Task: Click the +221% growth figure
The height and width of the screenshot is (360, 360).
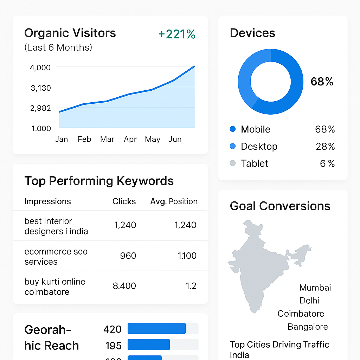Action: [177, 34]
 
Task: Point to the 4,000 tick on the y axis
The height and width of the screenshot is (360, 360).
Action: [41, 67]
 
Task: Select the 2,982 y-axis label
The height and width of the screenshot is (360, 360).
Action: [41, 108]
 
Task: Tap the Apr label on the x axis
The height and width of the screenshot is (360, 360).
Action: [130, 140]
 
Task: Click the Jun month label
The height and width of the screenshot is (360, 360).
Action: [175, 140]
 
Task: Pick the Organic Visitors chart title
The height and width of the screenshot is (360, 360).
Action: [70, 33]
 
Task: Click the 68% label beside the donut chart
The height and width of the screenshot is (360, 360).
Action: [322, 82]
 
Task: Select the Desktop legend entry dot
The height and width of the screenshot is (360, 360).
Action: [232, 146]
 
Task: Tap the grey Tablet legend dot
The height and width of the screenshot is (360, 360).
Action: [232, 163]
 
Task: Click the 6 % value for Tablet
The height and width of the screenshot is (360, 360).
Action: [327, 163]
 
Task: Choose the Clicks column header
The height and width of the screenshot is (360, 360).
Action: [124, 201]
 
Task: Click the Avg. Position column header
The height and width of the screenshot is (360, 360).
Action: [174, 201]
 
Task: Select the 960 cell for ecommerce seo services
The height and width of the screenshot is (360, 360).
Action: [128, 256]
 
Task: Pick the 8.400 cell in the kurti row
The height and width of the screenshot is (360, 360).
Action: [124, 286]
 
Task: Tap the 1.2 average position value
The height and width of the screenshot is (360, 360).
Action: [191, 286]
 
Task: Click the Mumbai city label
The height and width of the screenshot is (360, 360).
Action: [315, 288]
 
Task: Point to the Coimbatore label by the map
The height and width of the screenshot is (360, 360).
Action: [301, 314]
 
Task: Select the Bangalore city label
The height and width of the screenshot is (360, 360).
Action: [308, 327]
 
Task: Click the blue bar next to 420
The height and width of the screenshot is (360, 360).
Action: [156, 328]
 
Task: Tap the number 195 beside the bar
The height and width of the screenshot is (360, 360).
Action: [113, 346]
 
